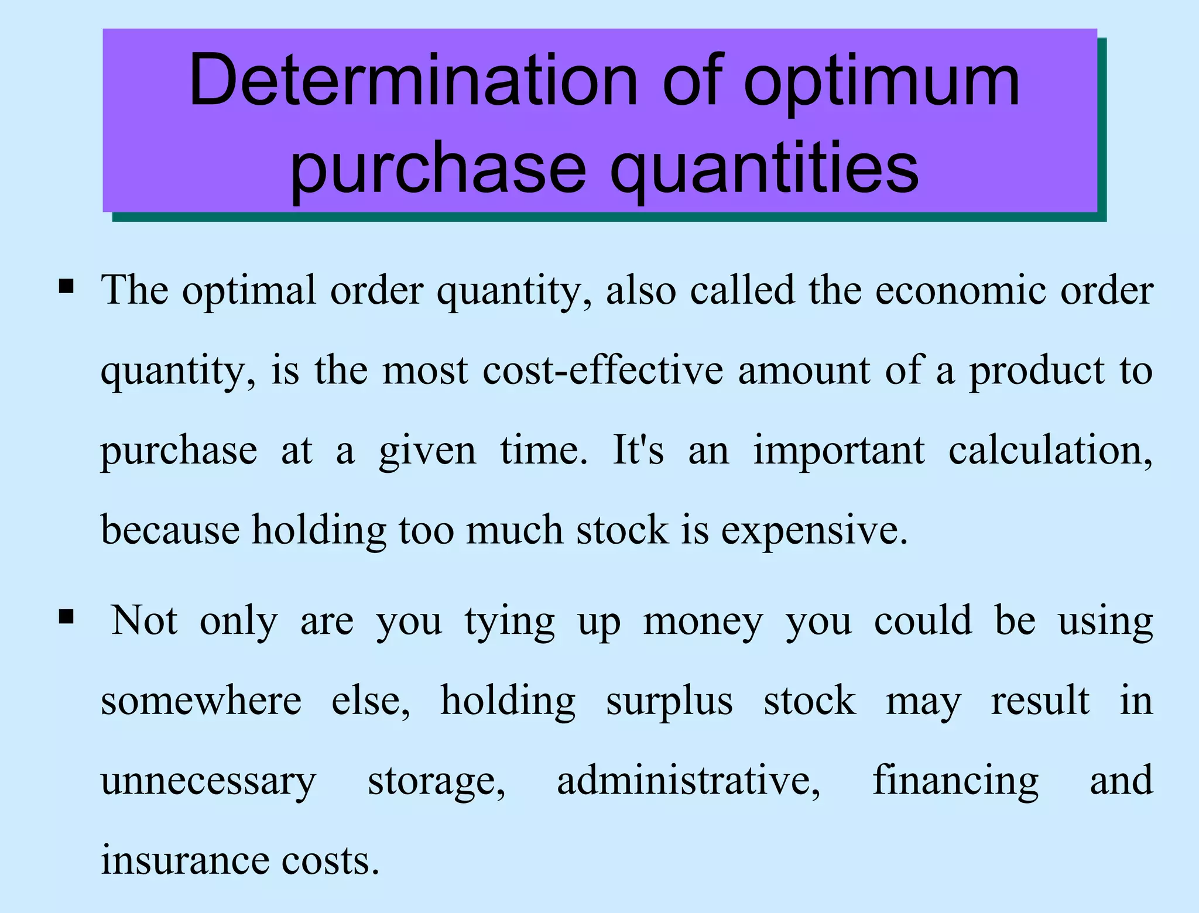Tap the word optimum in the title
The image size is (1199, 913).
coord(881,82)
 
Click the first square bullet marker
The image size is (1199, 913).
coord(66,287)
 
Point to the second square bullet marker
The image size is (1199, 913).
coord(66,617)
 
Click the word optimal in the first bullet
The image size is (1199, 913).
coord(249,290)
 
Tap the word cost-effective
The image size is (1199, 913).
coord(603,370)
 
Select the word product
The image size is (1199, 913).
coord(1037,372)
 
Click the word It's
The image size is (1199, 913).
coord(638,450)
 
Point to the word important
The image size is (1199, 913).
coord(839,451)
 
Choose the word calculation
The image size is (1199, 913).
coord(1050,451)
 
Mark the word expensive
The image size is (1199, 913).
coord(814,531)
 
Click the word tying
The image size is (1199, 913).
coord(510,622)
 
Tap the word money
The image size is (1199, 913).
coord(703,622)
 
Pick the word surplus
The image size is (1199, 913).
coord(669,702)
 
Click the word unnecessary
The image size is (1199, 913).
coord(208,781)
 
